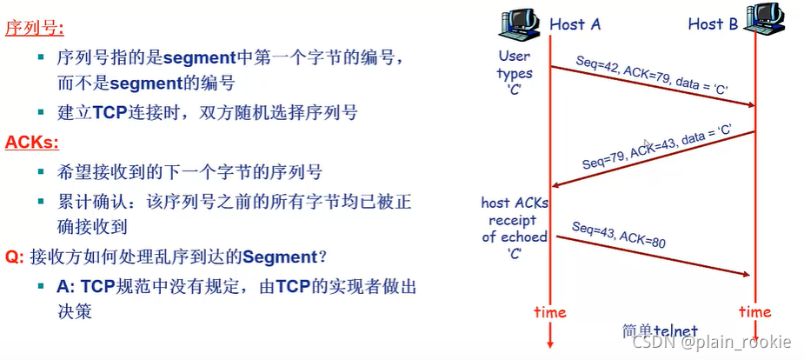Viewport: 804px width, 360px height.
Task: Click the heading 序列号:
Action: [x=35, y=29]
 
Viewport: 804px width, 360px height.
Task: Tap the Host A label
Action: [x=575, y=24]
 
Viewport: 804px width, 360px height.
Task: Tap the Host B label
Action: [x=713, y=24]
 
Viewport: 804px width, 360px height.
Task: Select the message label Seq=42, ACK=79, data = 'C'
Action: [x=652, y=76]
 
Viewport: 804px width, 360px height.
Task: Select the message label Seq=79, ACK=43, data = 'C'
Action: [x=655, y=147]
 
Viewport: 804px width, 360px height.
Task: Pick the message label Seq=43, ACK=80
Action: [x=618, y=235]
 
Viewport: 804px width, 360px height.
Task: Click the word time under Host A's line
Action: [x=549, y=311]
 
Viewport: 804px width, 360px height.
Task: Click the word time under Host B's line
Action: [x=754, y=311]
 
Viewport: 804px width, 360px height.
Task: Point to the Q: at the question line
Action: [x=15, y=257]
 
